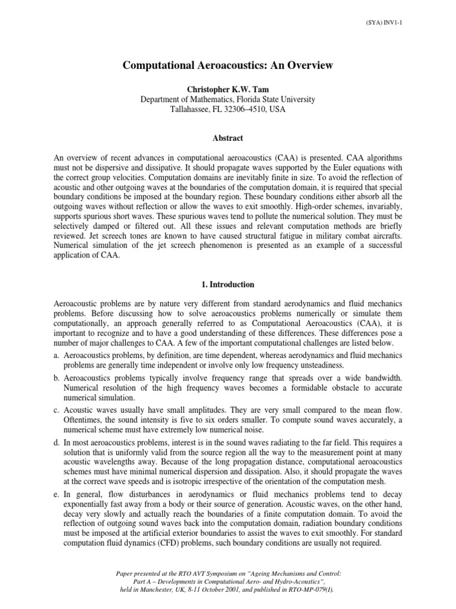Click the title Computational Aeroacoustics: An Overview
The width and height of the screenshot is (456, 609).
tap(228, 66)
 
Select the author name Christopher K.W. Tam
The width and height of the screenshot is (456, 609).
tap(228, 88)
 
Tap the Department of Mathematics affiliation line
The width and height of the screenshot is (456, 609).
tap(228, 99)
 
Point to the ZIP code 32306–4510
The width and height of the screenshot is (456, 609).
tap(249, 110)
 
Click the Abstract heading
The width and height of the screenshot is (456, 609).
tap(228, 137)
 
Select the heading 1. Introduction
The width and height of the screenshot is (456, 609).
tap(228, 285)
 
